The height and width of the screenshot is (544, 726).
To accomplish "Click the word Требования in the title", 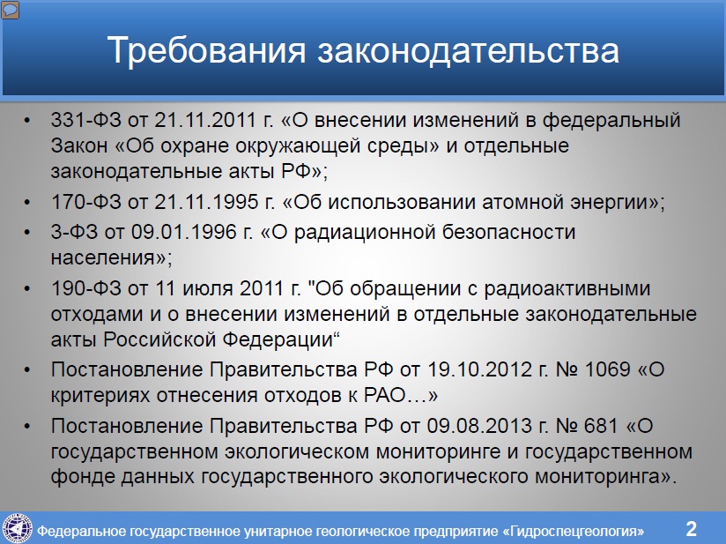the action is [x=206, y=50].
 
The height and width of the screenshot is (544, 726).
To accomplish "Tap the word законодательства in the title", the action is [x=468, y=50].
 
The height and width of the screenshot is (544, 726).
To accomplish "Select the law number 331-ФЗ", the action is [x=85, y=120].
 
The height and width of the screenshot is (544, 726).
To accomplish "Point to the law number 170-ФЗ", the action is [x=85, y=202].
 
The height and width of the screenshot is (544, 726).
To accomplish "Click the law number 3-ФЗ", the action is [x=74, y=232].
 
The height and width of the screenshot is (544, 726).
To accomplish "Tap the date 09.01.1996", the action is [x=184, y=232].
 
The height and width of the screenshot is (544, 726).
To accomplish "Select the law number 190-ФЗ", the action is [x=85, y=288].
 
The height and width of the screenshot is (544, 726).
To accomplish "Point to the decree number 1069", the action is [x=607, y=369].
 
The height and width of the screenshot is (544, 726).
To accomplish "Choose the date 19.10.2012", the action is [x=479, y=369].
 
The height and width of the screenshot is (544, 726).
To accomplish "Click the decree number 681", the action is [x=601, y=426].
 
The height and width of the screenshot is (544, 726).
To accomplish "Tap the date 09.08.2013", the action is [x=479, y=426].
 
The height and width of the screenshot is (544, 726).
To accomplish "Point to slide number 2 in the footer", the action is [x=691, y=529].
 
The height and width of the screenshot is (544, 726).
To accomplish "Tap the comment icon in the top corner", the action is [x=11, y=10].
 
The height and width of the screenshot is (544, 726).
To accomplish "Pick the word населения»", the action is [x=111, y=257].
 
